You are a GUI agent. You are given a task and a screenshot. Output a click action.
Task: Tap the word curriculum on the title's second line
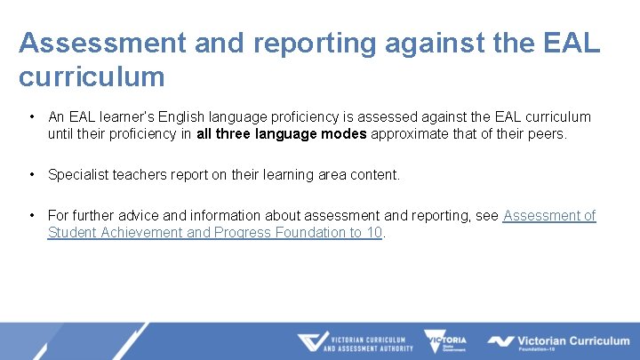[92, 76]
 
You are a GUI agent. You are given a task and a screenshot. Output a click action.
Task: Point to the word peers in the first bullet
[546, 134]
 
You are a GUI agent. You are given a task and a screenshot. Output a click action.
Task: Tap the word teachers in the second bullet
[140, 175]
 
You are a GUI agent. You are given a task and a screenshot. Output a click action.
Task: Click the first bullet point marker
[31, 116]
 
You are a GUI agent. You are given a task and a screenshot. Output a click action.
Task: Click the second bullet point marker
[31, 175]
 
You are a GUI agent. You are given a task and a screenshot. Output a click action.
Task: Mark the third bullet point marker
[31, 215]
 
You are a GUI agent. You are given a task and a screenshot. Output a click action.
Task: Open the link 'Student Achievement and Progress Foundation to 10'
[214, 233]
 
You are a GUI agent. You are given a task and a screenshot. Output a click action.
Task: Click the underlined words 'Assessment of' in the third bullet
[549, 215]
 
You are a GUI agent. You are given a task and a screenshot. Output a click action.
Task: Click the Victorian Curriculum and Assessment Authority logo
[355, 342]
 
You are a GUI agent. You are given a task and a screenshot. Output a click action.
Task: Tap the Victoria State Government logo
[444, 341]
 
